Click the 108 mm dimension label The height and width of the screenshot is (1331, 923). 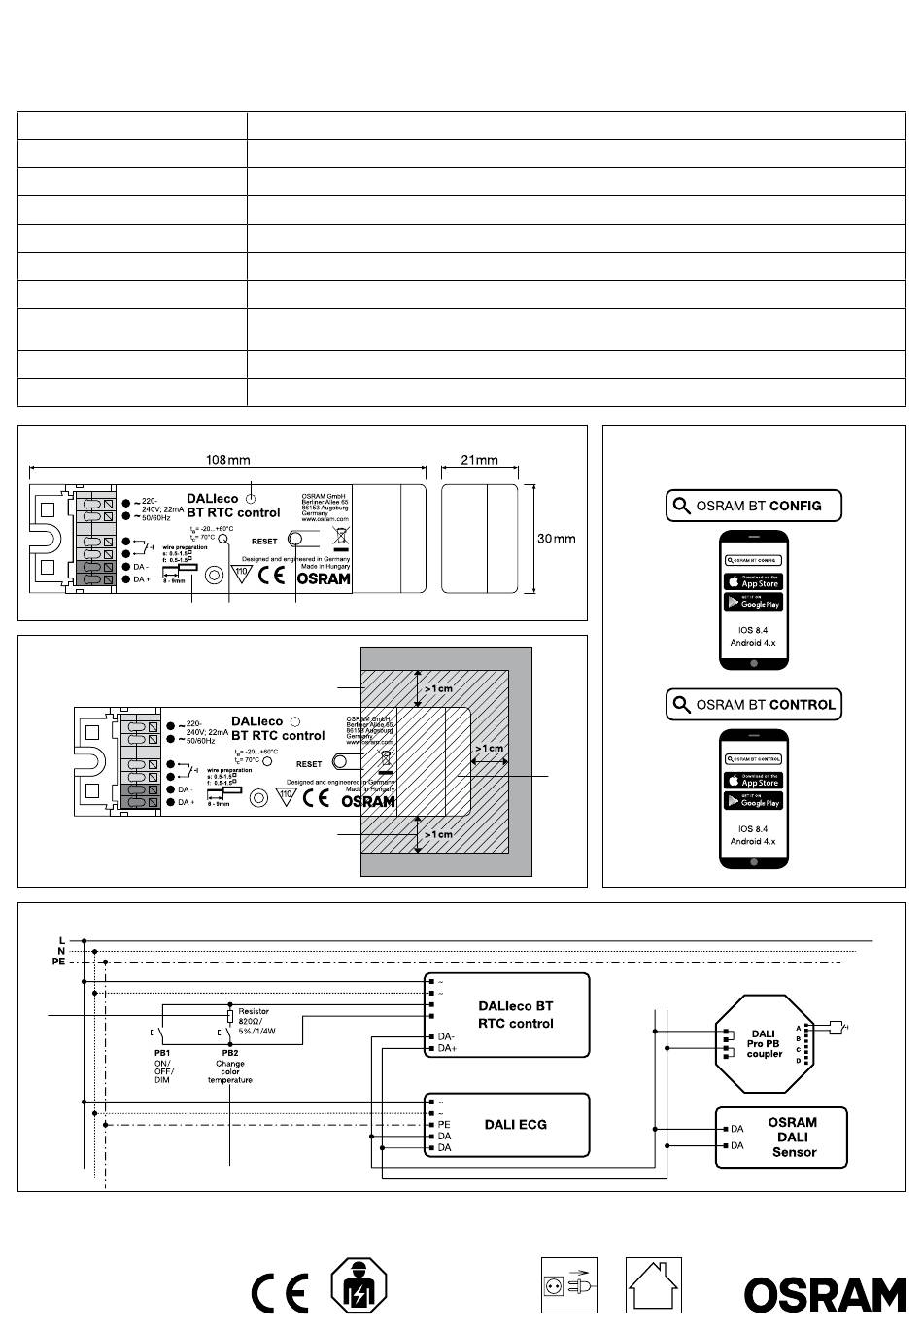[x=228, y=459]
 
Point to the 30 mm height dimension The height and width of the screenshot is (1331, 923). [x=557, y=538]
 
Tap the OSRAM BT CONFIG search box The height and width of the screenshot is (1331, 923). [x=753, y=506]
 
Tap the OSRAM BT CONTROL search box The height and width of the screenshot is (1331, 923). [x=753, y=705]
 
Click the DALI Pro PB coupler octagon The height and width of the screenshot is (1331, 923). [x=765, y=1044]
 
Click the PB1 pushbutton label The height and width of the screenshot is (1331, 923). [x=161, y=1053]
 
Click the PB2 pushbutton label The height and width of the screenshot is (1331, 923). [x=230, y=1053]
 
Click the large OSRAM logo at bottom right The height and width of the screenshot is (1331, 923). [x=825, y=1294]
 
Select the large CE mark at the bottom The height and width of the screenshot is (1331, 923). [x=280, y=1293]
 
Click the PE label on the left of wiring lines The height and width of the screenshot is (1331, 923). [x=58, y=962]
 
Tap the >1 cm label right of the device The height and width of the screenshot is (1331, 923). [x=489, y=748]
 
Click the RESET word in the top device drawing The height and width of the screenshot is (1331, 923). [x=264, y=542]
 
